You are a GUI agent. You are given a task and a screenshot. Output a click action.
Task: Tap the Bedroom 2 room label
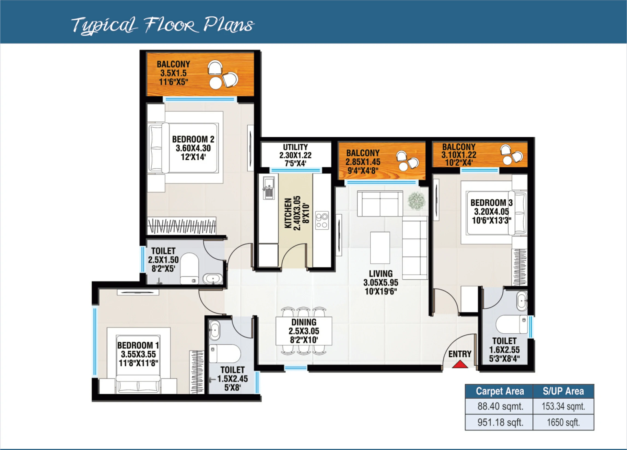pos(193,148)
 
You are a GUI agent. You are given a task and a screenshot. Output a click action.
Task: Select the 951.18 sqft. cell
pos(500,422)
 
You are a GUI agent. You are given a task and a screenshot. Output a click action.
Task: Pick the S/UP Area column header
pos(563,391)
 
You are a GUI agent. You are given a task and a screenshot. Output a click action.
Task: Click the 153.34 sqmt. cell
pos(563,406)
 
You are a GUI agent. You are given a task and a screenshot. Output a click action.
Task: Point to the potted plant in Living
pos(416,201)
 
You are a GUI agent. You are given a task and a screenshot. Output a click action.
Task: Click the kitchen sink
pos(268,188)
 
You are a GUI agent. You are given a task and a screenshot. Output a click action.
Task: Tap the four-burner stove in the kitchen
pos(322,220)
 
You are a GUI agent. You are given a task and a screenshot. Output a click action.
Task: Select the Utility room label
pos(295,155)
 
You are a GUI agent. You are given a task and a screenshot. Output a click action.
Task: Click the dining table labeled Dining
pos(304,331)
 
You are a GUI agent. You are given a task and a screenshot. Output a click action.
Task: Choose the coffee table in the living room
pos(380,247)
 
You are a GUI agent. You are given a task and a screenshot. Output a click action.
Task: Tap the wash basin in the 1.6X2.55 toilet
pos(522,301)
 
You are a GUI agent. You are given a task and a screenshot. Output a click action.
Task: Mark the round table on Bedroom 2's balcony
pos(215,83)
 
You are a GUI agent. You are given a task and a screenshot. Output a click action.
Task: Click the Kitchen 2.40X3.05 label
pos(296,213)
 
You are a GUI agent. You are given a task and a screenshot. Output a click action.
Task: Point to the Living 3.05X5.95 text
pos(381,282)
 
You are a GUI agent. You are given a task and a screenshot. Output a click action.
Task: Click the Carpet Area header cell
pos(500,391)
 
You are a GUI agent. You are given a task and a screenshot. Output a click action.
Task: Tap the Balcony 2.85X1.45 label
pos(363,162)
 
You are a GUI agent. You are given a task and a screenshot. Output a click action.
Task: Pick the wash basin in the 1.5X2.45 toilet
pos(214,330)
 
